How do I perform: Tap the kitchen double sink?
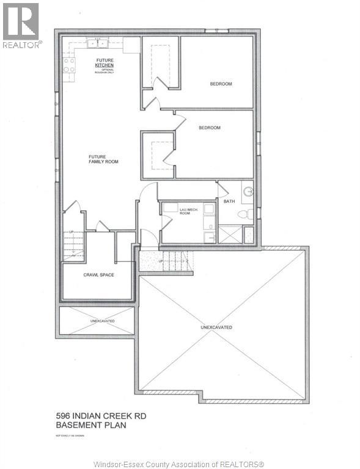98,43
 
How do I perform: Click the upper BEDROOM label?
221,84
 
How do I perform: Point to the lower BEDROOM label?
209,128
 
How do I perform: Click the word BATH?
229,201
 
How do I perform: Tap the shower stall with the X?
230,234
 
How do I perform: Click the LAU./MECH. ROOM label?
188,212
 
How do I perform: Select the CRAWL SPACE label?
98,275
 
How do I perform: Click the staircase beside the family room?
73,244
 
